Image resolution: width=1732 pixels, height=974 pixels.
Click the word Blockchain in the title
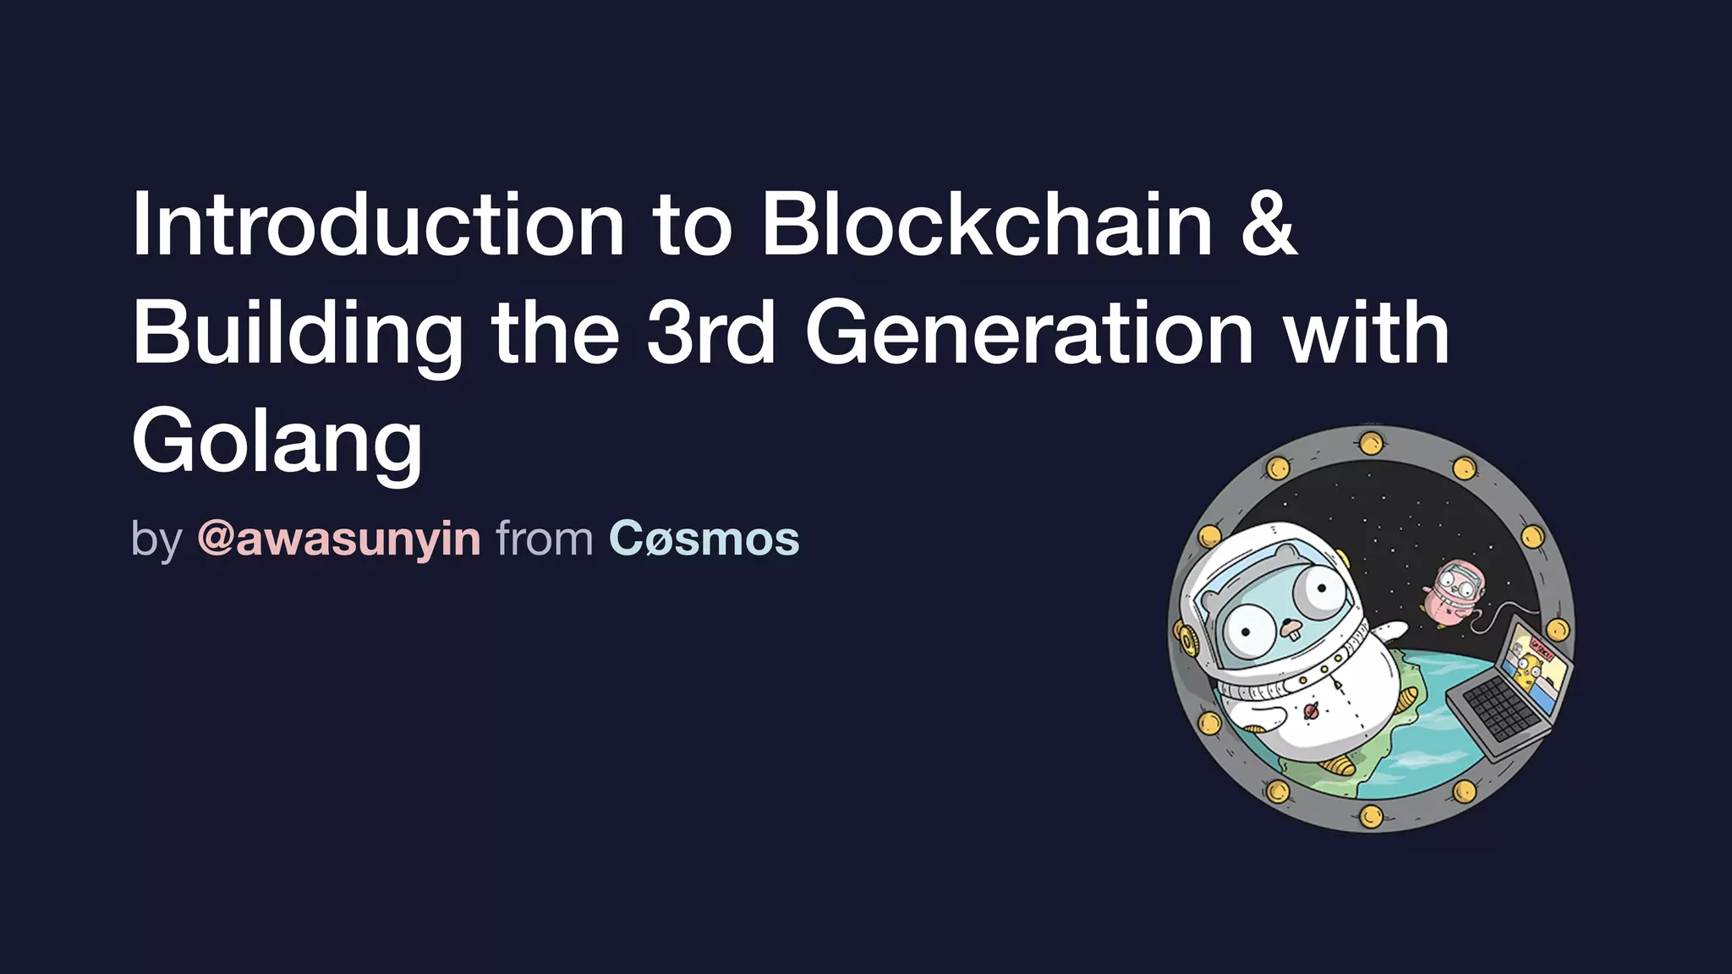pyautogui.click(x=987, y=223)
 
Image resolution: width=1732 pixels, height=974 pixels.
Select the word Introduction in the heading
pyautogui.click(x=378, y=223)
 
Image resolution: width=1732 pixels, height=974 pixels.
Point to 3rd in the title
pyautogui.click(x=710, y=333)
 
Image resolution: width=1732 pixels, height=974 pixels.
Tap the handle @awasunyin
pyautogui.click(x=339, y=539)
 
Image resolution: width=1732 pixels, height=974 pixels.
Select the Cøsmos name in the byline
pyautogui.click(x=704, y=539)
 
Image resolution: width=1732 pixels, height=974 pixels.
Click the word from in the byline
pyautogui.click(x=545, y=539)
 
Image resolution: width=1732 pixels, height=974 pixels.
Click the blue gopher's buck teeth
pyautogui.click(x=1291, y=629)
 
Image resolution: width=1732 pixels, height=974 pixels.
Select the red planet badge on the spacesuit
pyautogui.click(x=1311, y=711)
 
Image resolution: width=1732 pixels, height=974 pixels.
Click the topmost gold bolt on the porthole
pyautogui.click(x=1371, y=442)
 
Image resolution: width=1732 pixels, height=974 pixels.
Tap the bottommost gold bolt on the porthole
pyautogui.click(x=1371, y=817)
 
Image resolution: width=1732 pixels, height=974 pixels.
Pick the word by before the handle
pyautogui.click(x=156, y=539)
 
